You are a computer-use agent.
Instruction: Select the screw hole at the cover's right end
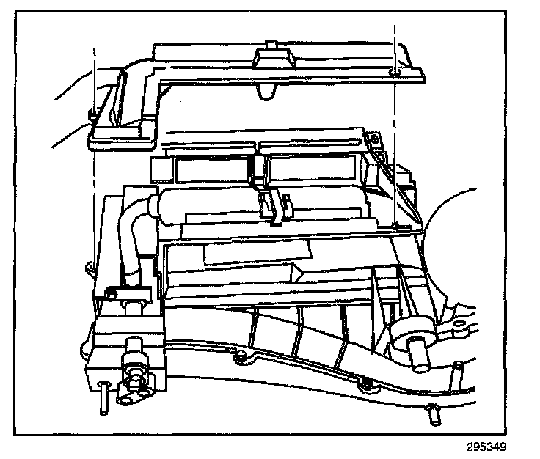(x=394, y=72)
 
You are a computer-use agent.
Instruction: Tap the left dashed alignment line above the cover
(x=95, y=73)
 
